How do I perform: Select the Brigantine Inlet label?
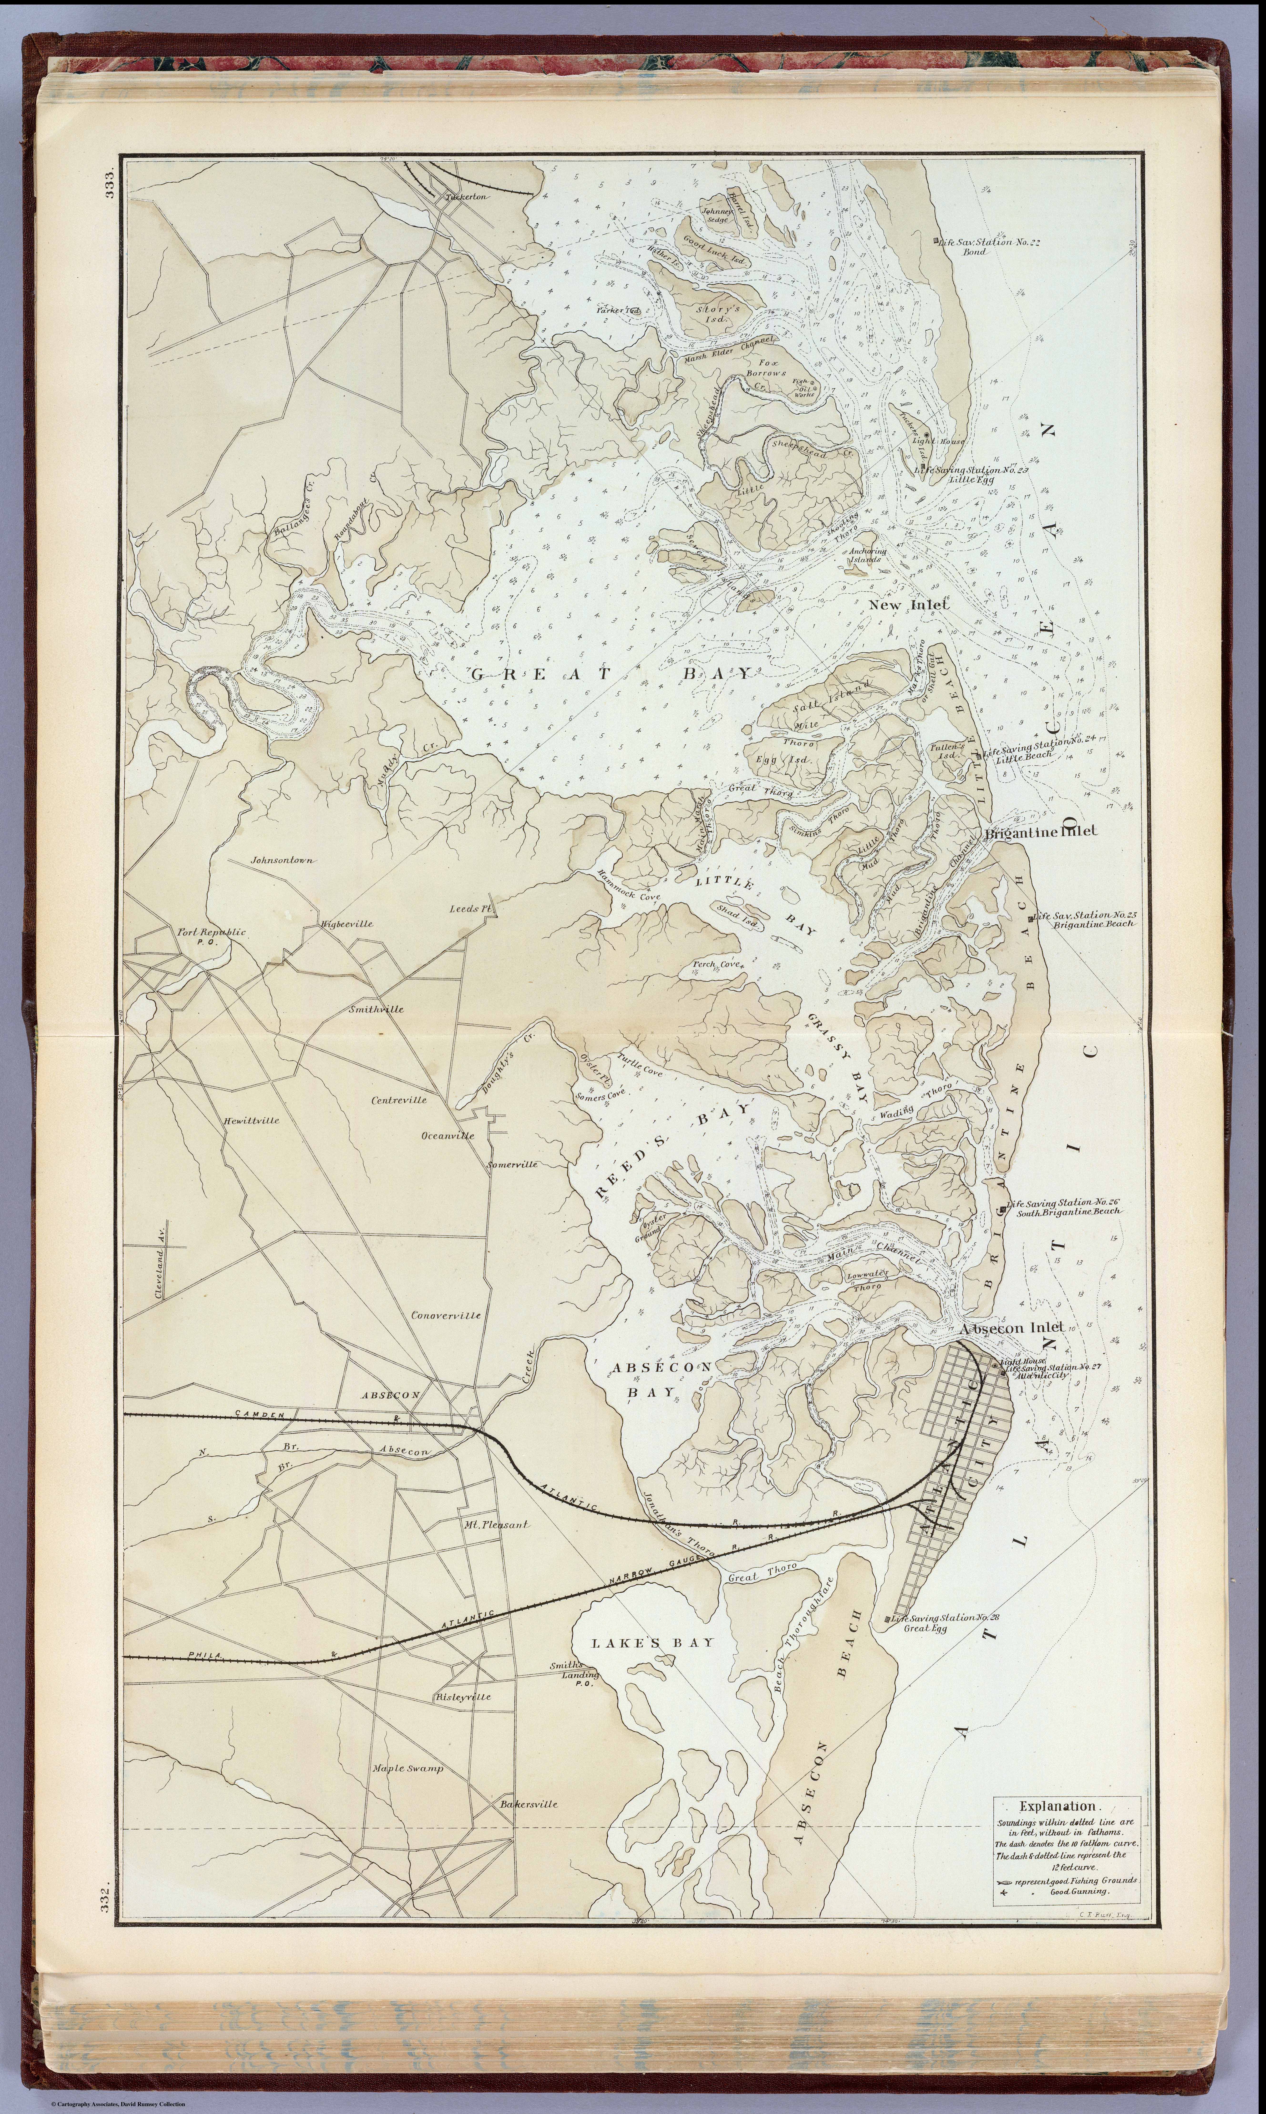(x=1041, y=831)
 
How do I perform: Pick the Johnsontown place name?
(x=281, y=860)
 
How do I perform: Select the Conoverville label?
(x=445, y=1315)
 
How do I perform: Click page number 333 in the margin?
(x=109, y=185)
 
